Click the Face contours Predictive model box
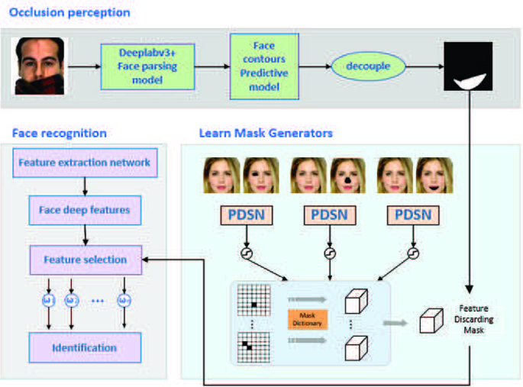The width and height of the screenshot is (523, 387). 263,66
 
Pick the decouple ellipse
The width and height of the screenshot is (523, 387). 369,66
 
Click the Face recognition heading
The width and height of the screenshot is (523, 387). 60,134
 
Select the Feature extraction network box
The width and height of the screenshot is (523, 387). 84,163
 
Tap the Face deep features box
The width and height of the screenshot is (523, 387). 84,209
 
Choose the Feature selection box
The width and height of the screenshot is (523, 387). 84,260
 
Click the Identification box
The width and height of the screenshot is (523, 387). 84,347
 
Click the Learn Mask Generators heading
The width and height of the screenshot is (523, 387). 266,134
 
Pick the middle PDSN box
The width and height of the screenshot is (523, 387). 329,215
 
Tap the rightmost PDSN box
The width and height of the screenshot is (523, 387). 414,215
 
